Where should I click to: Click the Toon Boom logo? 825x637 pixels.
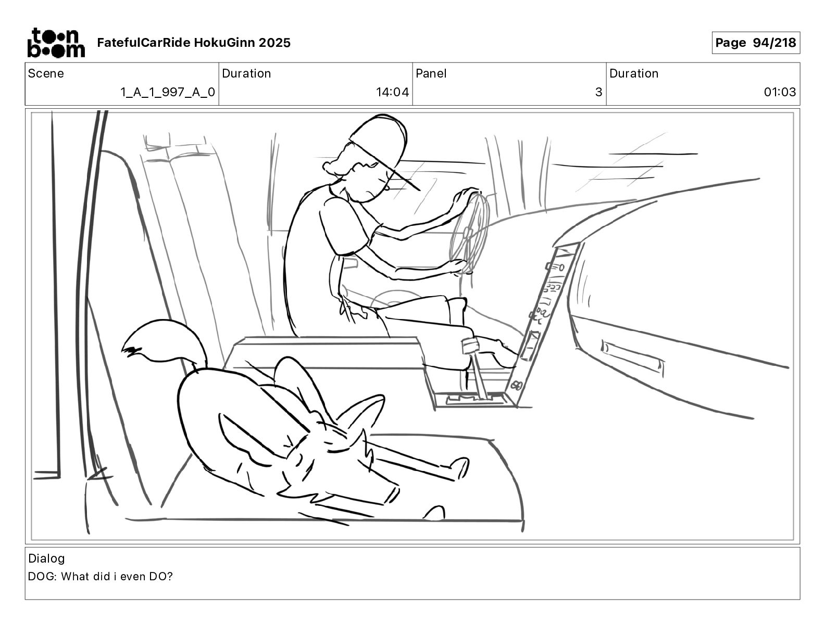click(56, 43)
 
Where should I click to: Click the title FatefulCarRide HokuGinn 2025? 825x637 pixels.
click(194, 43)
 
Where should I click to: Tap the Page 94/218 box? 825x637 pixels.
click(755, 43)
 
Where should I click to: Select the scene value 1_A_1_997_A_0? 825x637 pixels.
click(167, 92)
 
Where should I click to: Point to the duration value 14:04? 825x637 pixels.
click(392, 92)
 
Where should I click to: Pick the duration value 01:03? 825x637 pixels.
click(780, 92)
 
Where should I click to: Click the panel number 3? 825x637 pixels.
click(598, 92)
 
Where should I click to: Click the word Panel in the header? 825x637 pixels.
click(431, 73)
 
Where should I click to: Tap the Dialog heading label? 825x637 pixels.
click(46, 558)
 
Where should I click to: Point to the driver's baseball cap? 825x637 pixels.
click(380, 138)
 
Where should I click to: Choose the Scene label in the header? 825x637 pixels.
click(46, 73)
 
